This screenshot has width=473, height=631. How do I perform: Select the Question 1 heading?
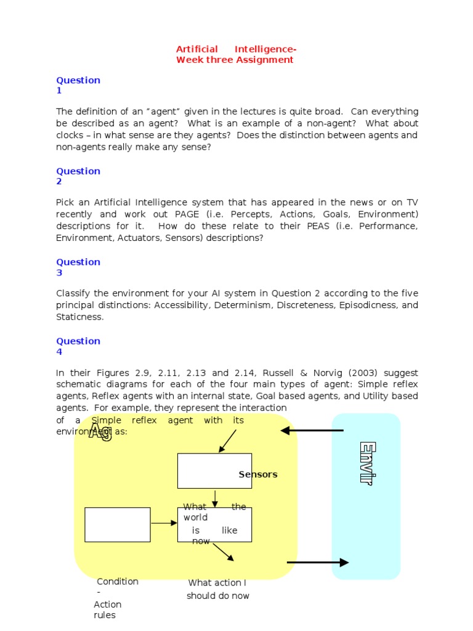pyautogui.click(x=78, y=85)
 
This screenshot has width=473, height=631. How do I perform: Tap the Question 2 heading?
pyautogui.click(x=78, y=176)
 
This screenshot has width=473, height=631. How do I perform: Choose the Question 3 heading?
pyautogui.click(x=78, y=267)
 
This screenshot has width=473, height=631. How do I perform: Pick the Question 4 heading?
pyautogui.click(x=78, y=346)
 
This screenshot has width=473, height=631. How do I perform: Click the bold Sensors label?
pyautogui.click(x=258, y=474)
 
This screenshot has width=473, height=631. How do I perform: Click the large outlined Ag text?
pyautogui.click(x=100, y=431)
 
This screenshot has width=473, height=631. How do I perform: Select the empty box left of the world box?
pyautogui.click(x=117, y=524)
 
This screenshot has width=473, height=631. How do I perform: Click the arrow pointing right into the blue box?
pyautogui.click(x=318, y=563)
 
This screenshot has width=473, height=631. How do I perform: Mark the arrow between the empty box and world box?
pyautogui.click(x=164, y=524)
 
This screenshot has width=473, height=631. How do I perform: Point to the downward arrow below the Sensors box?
pyautogui.click(x=214, y=499)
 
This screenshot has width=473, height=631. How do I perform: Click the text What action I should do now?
pyautogui.click(x=218, y=590)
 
